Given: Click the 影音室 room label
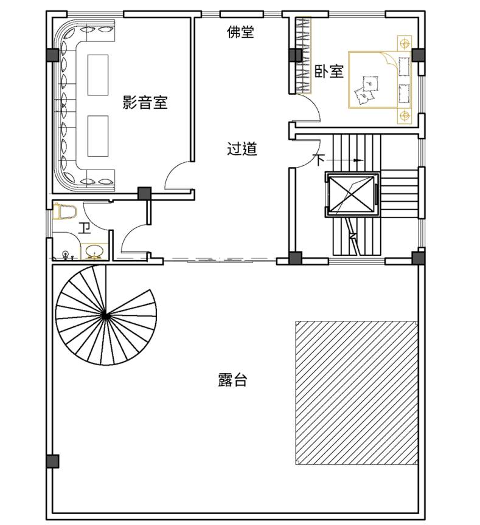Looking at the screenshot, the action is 145,103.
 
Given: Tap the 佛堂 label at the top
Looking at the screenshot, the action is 240,32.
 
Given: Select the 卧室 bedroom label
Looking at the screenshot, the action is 329,71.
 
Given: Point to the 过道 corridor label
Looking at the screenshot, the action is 242,149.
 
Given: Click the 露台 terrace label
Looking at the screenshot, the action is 232,380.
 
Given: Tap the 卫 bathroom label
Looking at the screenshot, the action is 85,228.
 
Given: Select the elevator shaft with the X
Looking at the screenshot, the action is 352,195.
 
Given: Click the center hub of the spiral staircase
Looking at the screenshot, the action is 105,315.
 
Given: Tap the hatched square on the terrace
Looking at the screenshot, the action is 357,393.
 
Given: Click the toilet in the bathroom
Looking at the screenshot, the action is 65,211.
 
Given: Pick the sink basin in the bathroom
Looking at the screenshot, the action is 94,251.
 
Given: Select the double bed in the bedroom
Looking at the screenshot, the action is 380,80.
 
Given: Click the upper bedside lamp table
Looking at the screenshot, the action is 405,43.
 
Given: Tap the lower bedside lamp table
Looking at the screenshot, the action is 405,116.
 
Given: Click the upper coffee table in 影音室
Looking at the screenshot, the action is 98,75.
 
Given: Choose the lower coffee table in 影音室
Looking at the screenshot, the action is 98,136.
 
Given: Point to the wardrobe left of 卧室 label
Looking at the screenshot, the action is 304,55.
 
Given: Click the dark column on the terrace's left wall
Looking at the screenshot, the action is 53,461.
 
